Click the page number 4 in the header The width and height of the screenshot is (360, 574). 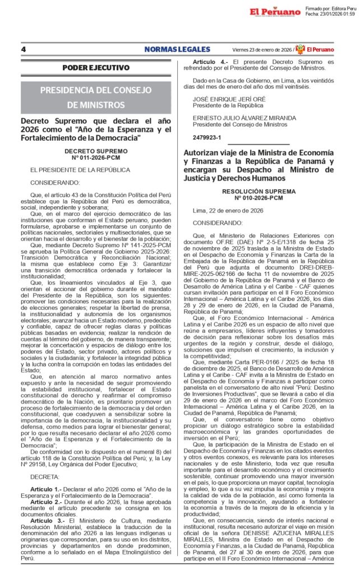click(x=24, y=49)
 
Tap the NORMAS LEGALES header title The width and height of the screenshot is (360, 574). click(x=177, y=49)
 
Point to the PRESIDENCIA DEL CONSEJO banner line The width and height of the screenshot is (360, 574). click(x=96, y=90)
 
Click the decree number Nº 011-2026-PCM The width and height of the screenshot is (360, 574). click(x=96, y=158)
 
